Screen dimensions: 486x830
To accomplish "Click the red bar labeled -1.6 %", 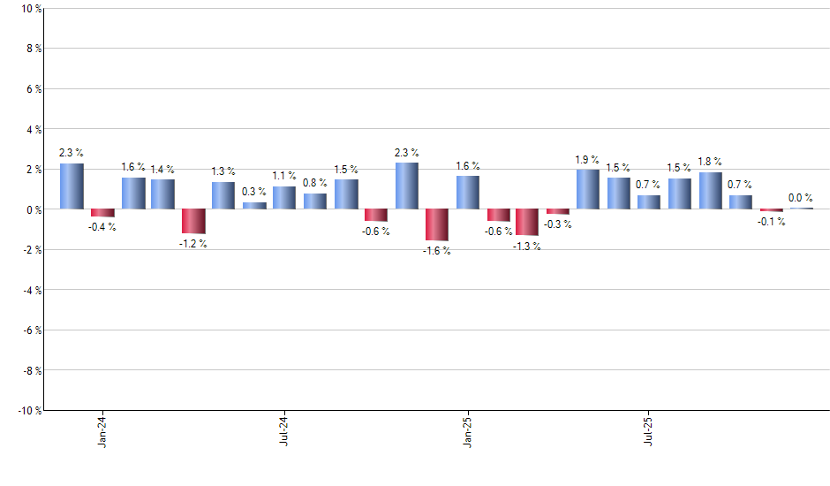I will pyautogui.click(x=437, y=224).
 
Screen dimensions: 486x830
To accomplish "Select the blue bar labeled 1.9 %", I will pyautogui.click(x=588, y=189).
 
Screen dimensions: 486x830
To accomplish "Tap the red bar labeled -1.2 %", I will pyautogui.click(x=193, y=221).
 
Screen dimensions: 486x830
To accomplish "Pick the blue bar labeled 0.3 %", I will pyautogui.click(x=254, y=206).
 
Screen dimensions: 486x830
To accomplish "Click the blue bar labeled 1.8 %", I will pyautogui.click(x=711, y=191).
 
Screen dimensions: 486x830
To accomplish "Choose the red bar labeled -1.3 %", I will pyautogui.click(x=528, y=222).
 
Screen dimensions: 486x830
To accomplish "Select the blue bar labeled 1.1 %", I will pyautogui.click(x=284, y=198).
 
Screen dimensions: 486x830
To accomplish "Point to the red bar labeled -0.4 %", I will pyautogui.click(x=102, y=213).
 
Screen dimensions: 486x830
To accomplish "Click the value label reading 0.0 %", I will pyautogui.click(x=801, y=198).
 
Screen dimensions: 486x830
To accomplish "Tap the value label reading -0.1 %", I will pyautogui.click(x=772, y=222).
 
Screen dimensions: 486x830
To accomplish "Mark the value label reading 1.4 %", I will pyautogui.click(x=162, y=169).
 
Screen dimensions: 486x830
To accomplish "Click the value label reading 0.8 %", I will pyautogui.click(x=315, y=183).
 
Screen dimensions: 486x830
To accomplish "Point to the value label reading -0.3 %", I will pyautogui.click(x=558, y=224).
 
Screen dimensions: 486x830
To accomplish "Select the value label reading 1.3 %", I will pyautogui.click(x=223, y=171).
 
